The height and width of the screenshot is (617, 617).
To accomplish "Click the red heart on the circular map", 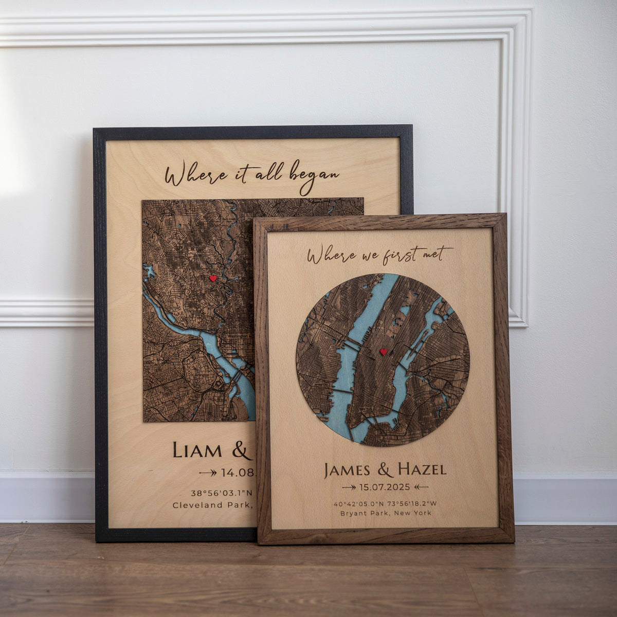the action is pos(383,352).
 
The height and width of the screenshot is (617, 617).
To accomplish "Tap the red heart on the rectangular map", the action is pos(213,278).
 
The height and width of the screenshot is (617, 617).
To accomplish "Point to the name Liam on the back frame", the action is pos(197,450).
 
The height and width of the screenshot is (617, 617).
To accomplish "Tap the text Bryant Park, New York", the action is pos(385,513).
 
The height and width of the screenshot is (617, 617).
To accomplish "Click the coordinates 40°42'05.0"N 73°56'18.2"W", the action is pos(385,503).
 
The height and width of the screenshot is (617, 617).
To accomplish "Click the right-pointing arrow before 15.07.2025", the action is pos(349,487).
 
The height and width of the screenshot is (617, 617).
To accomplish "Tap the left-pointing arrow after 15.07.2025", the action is pos(421,487).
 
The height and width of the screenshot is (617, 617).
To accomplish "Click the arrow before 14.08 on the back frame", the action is pos(208,472).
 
